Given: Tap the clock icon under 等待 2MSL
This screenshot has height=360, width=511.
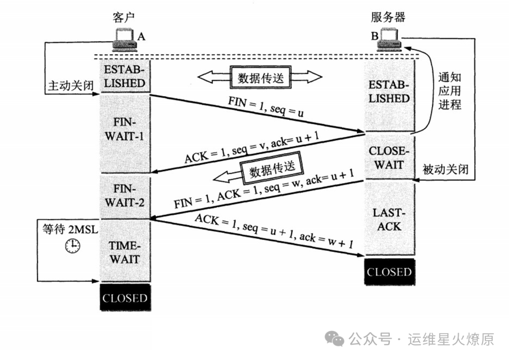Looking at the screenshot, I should point(72,245).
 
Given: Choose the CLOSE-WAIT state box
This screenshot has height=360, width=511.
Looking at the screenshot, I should point(389,158).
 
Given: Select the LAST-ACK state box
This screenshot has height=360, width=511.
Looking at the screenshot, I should point(389,220).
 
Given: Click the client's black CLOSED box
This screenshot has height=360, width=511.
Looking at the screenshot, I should point(125,298).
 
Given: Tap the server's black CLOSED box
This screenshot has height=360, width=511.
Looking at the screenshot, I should point(389,272).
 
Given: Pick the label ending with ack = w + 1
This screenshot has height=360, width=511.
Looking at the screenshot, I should point(274,232).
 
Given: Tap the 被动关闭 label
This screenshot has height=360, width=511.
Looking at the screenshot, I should point(445,169).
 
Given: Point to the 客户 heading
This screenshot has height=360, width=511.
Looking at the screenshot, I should point(124,18).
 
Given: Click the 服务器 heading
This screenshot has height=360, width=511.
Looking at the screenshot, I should point(388,18).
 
